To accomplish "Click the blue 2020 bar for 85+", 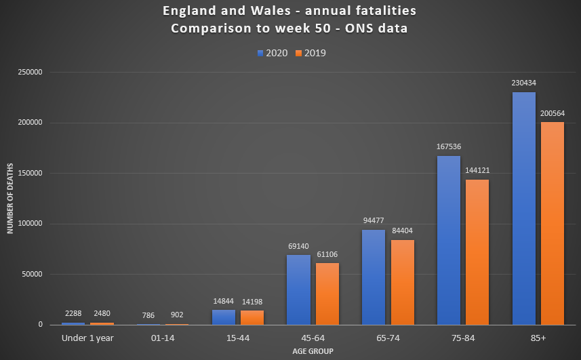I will [x=524, y=208].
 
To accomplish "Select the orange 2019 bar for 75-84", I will [x=477, y=252].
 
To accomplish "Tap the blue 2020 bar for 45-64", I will [x=298, y=289].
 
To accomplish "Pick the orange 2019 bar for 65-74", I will [x=402, y=282].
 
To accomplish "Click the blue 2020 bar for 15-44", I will [x=223, y=317].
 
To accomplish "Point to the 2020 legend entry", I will [x=273, y=53].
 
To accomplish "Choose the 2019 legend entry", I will [x=311, y=53].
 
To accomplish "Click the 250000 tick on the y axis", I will [x=29, y=73].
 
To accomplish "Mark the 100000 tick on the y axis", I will [x=29, y=224].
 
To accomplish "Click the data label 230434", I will [x=524, y=83].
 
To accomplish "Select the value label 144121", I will [x=477, y=171].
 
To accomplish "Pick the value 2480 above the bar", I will [x=102, y=314].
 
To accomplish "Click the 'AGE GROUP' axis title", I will [x=313, y=351].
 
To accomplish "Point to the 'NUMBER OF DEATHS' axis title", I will [x=11, y=199].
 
